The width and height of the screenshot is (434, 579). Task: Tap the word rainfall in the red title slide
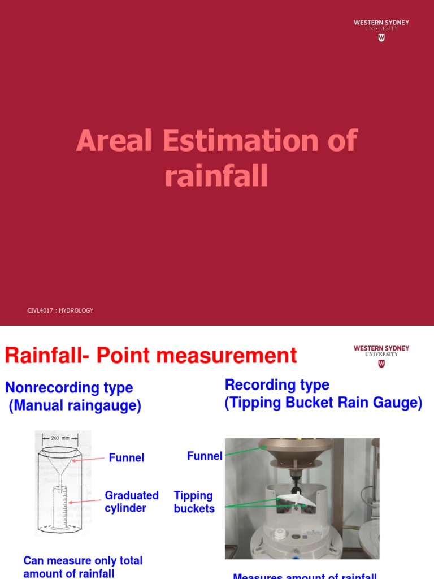[x=216, y=176]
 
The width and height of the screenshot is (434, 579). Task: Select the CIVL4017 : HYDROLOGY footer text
[x=60, y=310]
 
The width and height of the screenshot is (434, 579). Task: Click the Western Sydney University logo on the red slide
[x=381, y=29]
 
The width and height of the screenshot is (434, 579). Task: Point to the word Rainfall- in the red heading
[x=47, y=356]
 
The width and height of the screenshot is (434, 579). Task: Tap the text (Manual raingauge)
[x=75, y=406]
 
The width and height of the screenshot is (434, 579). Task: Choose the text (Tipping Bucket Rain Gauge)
[x=323, y=403]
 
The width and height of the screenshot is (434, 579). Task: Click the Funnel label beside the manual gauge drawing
[x=127, y=458]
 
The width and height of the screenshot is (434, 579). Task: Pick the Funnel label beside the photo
[x=205, y=456]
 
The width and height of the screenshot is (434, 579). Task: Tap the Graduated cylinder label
[x=132, y=502]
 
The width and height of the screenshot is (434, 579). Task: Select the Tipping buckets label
[x=194, y=502]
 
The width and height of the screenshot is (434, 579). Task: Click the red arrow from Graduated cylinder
[x=85, y=501]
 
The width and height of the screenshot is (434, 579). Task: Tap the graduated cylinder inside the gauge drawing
[x=60, y=506]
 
